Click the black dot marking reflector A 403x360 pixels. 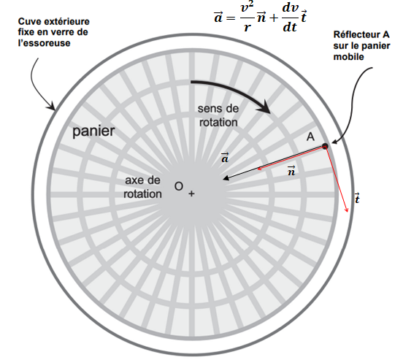pyautogui.click(x=325, y=146)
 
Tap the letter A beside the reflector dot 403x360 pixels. pyautogui.click(x=310, y=137)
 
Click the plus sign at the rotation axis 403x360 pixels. pyautogui.click(x=191, y=194)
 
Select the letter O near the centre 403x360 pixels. pyautogui.click(x=179, y=186)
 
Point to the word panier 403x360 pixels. pyautogui.click(x=93, y=131)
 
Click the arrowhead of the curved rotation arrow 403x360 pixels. pyautogui.click(x=265, y=107)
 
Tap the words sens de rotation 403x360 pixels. pyautogui.click(x=218, y=115)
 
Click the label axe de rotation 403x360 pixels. pyautogui.click(x=142, y=187)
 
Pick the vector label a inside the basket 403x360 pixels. pyautogui.click(x=225, y=158)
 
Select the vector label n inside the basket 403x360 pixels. pyautogui.click(x=291, y=171)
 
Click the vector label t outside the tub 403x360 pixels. pyautogui.click(x=357, y=198)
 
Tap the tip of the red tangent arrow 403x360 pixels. pyautogui.click(x=348, y=212)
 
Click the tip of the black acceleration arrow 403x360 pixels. pyautogui.click(x=223, y=179)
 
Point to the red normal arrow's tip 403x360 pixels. pyautogui.click(x=258, y=169)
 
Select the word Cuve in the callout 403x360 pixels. pyautogui.click(x=26, y=21)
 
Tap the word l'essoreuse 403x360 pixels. pyautogui.click(x=45, y=43)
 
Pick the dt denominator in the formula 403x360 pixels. pyautogui.click(x=290, y=27)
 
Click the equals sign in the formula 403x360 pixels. pyautogui.click(x=231, y=18)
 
